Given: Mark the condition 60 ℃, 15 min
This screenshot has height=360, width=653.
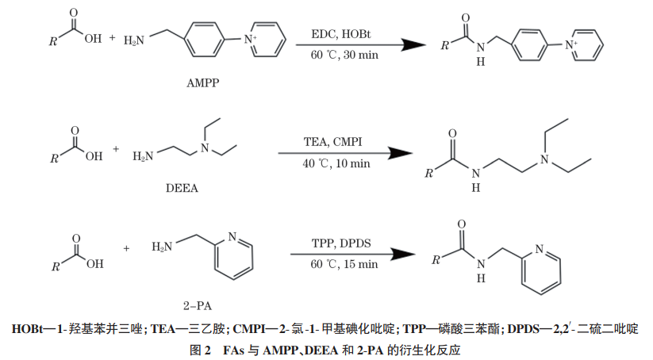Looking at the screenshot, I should [x=345, y=264].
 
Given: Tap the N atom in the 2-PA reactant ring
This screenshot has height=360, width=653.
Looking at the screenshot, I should [x=232, y=236].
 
